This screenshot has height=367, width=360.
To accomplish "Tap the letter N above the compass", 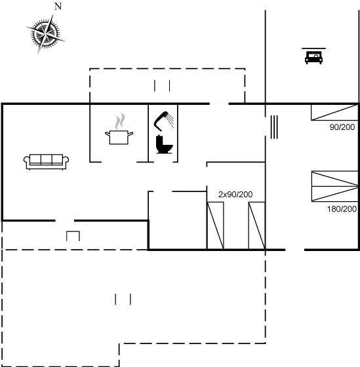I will click(x=58, y=7).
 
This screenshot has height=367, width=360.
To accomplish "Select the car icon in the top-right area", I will click(x=313, y=56).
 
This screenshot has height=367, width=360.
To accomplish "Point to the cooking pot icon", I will click(x=119, y=136).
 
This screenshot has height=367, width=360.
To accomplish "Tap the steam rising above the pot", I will click(x=119, y=121).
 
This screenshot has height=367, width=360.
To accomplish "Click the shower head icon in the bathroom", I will click(x=168, y=117).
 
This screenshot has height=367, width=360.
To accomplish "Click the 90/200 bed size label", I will click(x=342, y=127).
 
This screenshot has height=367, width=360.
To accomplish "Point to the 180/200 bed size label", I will click(x=341, y=210).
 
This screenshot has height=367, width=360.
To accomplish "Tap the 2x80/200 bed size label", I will click(x=235, y=195).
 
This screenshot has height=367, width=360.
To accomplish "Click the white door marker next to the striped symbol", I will click(x=266, y=126).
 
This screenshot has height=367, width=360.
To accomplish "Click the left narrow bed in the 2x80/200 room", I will click(x=216, y=225).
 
